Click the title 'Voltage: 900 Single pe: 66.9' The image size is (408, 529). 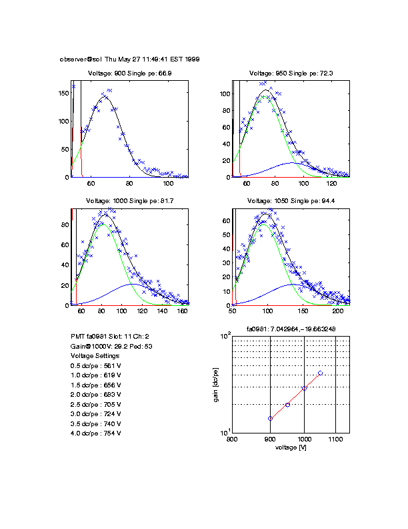(x=130, y=73)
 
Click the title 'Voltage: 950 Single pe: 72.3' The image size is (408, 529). (x=291, y=73)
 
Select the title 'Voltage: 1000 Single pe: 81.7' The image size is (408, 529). (x=130, y=200)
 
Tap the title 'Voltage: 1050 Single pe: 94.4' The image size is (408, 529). (x=291, y=200)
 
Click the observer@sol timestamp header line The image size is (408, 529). (x=130, y=59)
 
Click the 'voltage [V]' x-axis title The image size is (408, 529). (x=290, y=447)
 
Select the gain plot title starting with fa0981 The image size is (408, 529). (x=291, y=329)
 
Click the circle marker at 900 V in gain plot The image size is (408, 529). (x=270, y=419)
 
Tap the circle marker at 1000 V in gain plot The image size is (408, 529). (x=304, y=388)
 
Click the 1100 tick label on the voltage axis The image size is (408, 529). (x=335, y=439)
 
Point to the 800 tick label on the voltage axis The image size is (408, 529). (x=232, y=439)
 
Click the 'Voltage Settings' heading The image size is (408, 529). (x=95, y=356)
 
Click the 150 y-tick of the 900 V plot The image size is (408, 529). (x=64, y=94)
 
